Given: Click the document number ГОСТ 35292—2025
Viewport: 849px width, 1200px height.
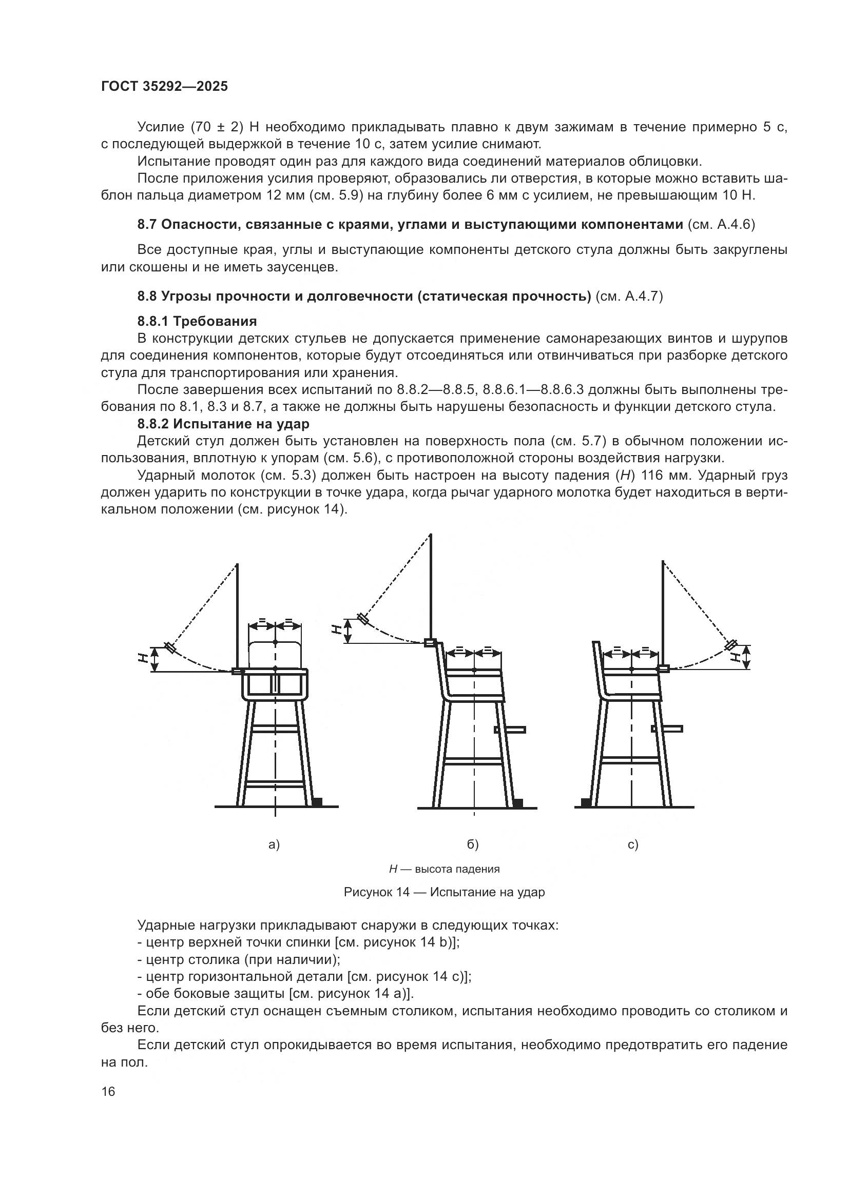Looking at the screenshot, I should (x=165, y=87).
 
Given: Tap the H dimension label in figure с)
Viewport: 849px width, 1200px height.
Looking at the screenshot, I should (x=737, y=657).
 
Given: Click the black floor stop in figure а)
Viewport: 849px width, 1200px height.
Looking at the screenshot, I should (x=317, y=801).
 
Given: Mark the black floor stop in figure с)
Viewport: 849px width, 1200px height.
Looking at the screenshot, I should (x=586, y=802).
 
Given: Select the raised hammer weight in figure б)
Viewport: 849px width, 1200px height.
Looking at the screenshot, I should (x=362, y=619).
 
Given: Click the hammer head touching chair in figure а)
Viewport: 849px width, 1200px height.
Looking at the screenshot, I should (x=237, y=671).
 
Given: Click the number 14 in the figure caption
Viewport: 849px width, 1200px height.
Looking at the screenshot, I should (x=402, y=892).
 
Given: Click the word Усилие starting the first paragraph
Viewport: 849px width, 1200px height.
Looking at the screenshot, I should (x=161, y=127).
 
